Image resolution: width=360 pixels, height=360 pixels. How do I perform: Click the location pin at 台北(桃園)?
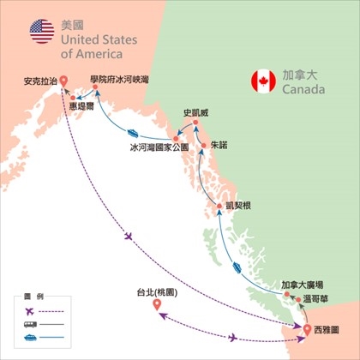[x=157, y=306]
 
